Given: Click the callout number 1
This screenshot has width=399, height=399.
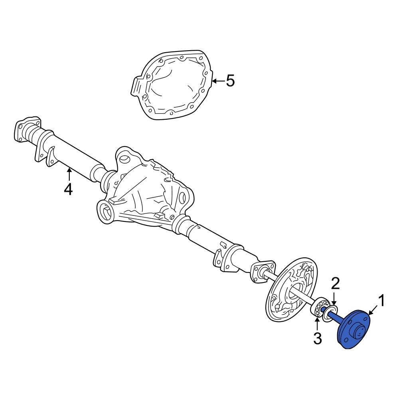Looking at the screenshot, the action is point(381,301).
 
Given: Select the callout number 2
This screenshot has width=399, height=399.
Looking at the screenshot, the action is point(335,284).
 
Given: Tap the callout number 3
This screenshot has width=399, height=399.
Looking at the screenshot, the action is point(317,338).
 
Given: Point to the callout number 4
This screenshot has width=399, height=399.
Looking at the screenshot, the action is point(68,189).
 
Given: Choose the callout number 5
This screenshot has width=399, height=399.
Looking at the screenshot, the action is point(230,81).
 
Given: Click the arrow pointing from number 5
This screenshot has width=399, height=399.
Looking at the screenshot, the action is point(218,81).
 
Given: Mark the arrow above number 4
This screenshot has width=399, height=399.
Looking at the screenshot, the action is point(69,174).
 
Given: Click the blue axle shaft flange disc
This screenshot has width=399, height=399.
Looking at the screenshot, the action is point(354,329).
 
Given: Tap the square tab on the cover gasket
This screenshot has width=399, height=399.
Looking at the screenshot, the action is point(136,86).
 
